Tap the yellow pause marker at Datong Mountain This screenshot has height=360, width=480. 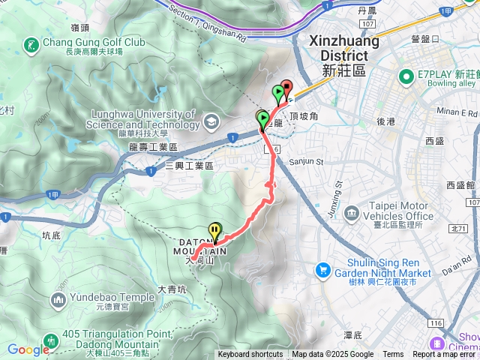(216, 231)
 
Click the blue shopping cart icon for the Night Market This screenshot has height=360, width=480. (322, 268)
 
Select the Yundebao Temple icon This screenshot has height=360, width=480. (59, 301)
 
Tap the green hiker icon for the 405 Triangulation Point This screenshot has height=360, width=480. (50, 340)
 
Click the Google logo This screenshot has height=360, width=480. (28, 349)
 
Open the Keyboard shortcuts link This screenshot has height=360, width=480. (250, 355)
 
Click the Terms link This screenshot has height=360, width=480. (393, 355)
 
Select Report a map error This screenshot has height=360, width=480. (445, 355)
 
